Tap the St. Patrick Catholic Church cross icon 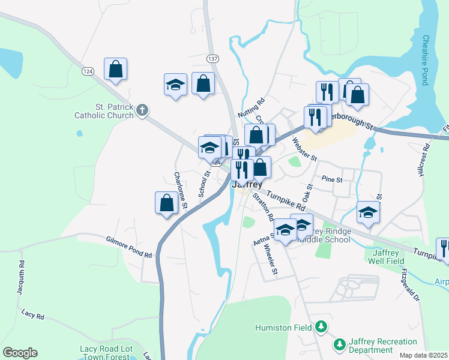point(142,110)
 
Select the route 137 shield point(212,59)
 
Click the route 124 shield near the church point(88,71)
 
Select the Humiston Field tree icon point(322,326)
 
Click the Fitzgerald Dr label point(409,284)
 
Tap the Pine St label point(331,179)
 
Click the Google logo point(20,353)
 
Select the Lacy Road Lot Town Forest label point(105,353)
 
